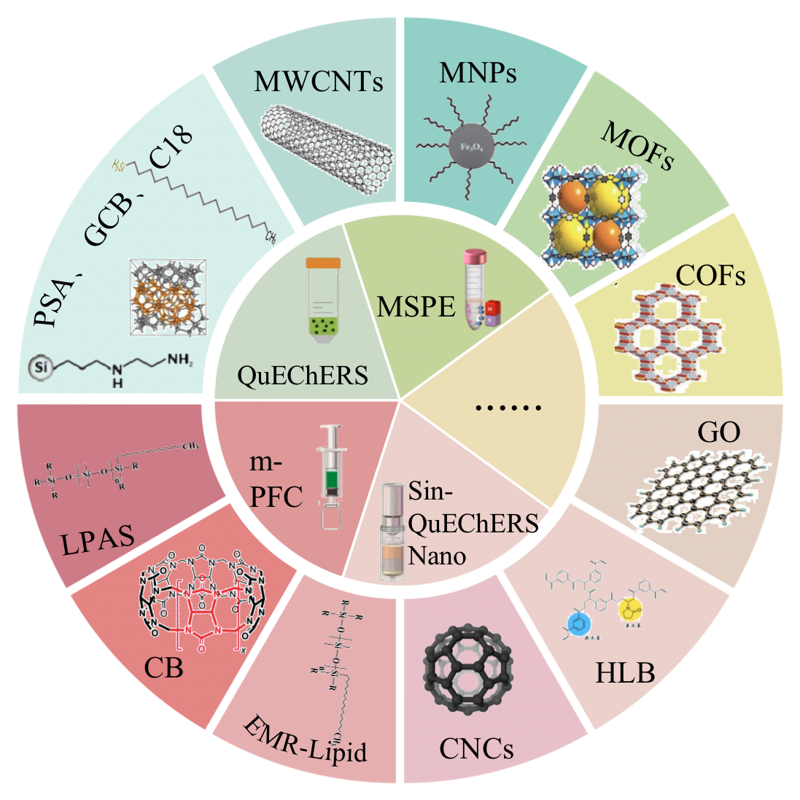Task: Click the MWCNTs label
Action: pyautogui.click(x=318, y=82)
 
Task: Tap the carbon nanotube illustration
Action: pyautogui.click(x=325, y=141)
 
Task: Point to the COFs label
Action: pyautogui.click(x=710, y=276)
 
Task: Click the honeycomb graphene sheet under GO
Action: pyautogui.click(x=699, y=489)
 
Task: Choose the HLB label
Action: pyautogui.click(x=625, y=672)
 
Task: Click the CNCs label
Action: pyautogui.click(x=476, y=748)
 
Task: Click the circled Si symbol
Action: pyautogui.click(x=42, y=366)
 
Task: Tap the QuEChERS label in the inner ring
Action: pyautogui.click(x=303, y=376)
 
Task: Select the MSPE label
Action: pyautogui.click(x=416, y=307)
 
